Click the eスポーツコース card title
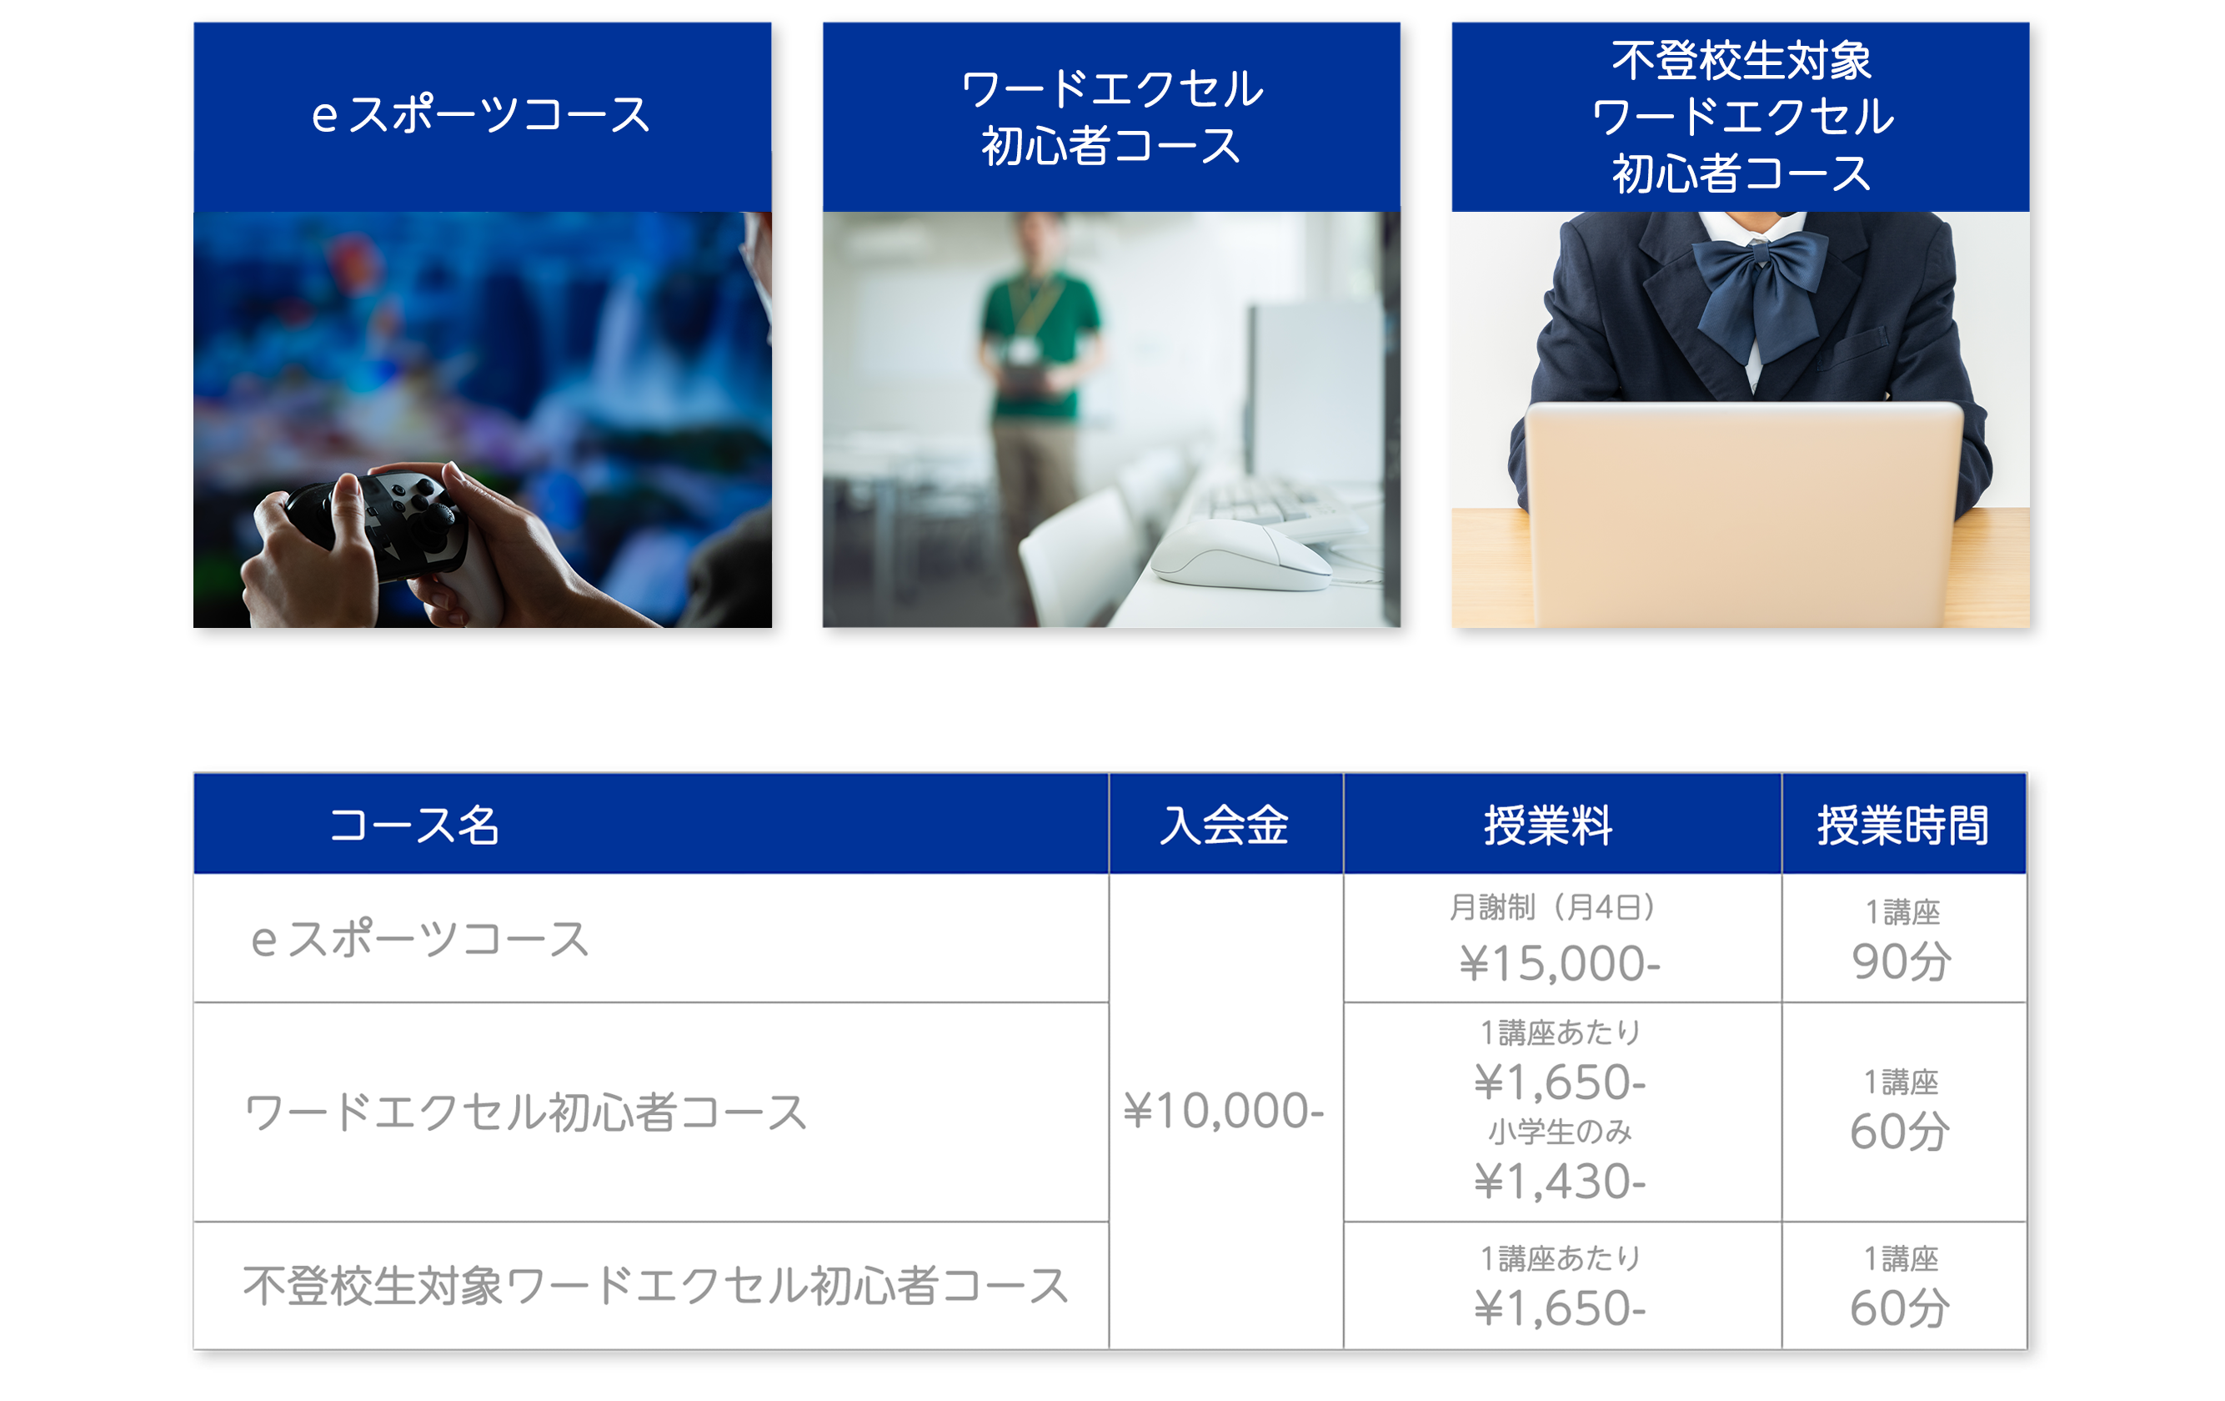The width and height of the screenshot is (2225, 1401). [481, 116]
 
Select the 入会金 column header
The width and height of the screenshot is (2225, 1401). [1225, 826]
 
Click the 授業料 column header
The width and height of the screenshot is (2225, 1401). [1549, 826]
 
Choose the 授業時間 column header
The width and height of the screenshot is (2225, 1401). [1902, 826]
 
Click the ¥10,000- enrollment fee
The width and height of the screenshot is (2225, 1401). [1225, 1111]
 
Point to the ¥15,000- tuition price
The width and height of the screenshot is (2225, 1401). [1560, 964]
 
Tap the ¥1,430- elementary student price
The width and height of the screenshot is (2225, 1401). [1560, 1181]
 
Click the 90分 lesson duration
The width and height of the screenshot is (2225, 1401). [1902, 962]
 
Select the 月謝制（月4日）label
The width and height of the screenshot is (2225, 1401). [1552, 907]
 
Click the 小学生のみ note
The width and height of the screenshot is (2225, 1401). [1560, 1131]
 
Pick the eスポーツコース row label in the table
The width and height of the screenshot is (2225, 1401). [419, 940]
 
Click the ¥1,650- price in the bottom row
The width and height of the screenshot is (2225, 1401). [1560, 1308]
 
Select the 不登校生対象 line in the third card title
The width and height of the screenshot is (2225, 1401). [1741, 61]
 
